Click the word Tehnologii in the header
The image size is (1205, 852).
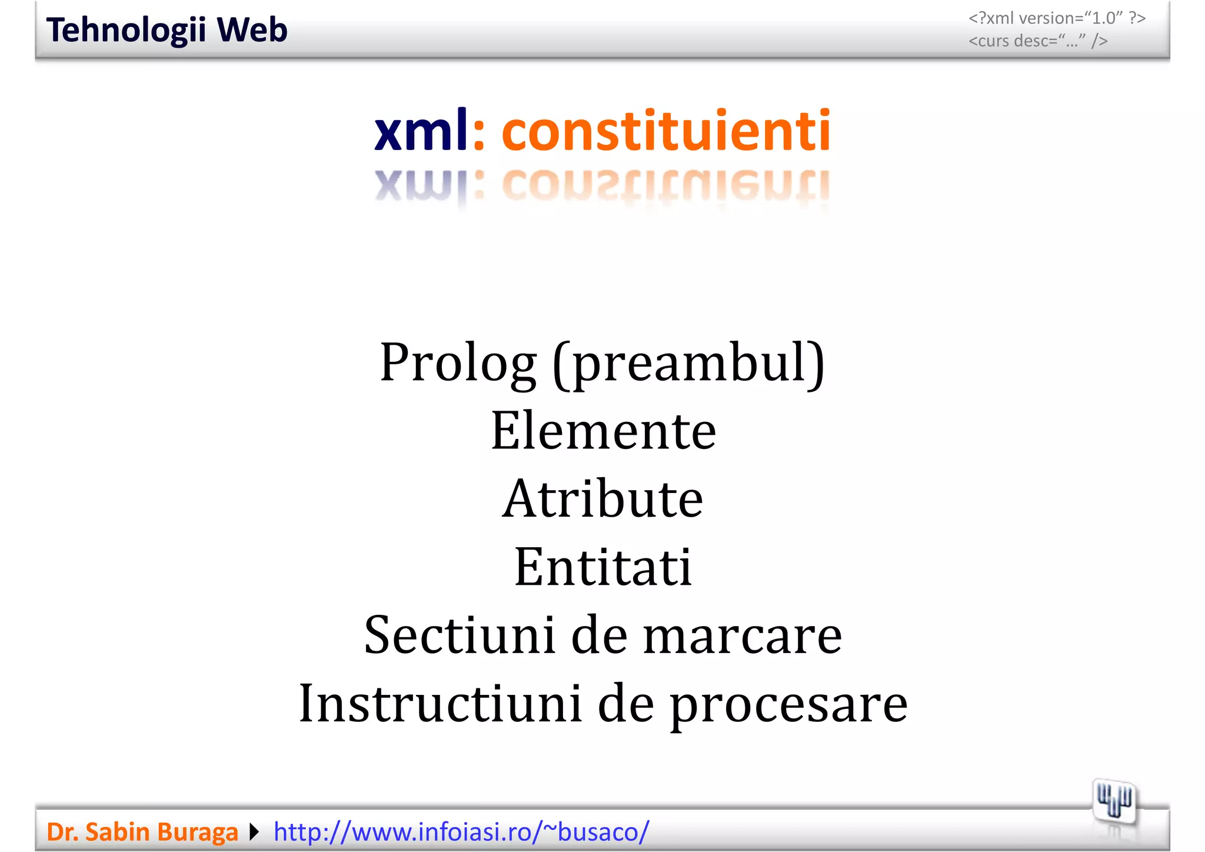click(x=126, y=31)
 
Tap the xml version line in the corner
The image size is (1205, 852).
click(x=1057, y=18)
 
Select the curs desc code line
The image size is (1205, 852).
click(x=1038, y=41)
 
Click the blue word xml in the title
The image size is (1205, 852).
click(x=421, y=131)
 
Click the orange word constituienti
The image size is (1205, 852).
click(x=665, y=131)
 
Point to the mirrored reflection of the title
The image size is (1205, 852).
click(x=602, y=187)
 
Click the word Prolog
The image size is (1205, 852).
click(x=458, y=363)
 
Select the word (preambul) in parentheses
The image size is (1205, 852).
click(x=688, y=364)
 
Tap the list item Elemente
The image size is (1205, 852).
click(x=603, y=431)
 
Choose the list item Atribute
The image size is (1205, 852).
click(x=602, y=499)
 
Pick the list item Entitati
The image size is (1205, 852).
click(x=602, y=567)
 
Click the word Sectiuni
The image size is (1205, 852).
click(x=460, y=635)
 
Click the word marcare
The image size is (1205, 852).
click(x=743, y=637)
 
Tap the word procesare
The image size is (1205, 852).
click(x=788, y=706)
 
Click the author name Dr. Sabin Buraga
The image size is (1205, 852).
click(x=142, y=832)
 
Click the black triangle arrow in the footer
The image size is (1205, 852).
click(x=254, y=832)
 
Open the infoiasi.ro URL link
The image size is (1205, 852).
click(x=461, y=832)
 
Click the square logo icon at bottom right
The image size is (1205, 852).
click(x=1114, y=801)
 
